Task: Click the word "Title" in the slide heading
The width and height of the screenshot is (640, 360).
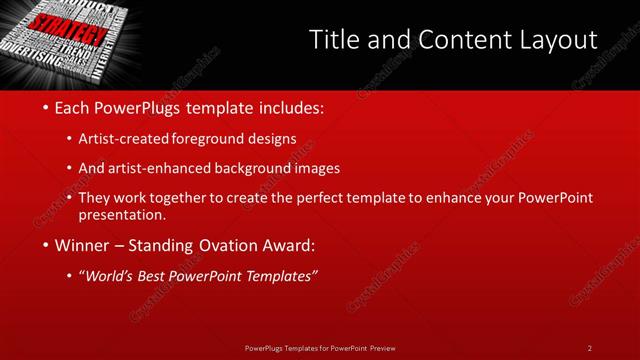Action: click(x=332, y=41)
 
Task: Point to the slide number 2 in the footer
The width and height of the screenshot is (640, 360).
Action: click(x=590, y=347)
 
